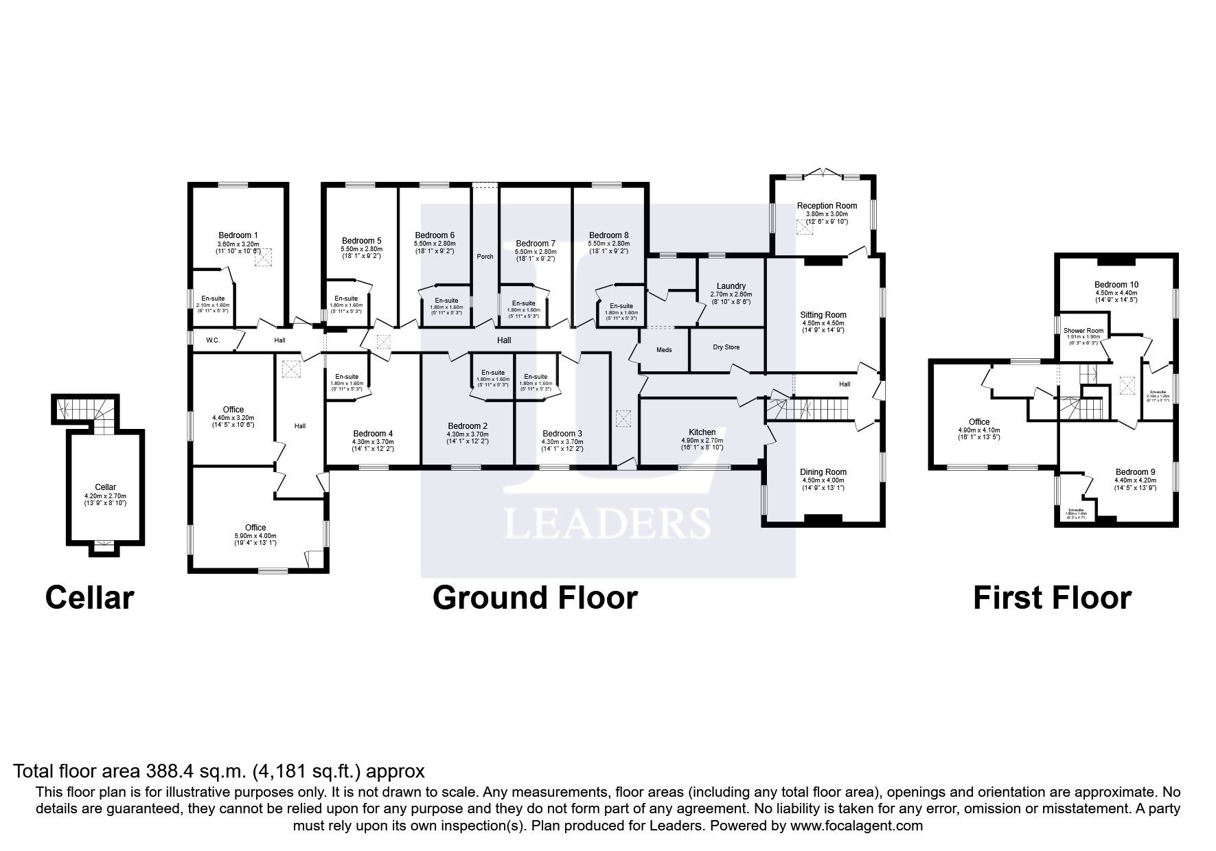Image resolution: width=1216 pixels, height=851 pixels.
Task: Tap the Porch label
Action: click(485, 257)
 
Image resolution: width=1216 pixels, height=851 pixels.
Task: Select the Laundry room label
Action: click(731, 286)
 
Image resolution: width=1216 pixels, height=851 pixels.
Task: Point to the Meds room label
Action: click(663, 350)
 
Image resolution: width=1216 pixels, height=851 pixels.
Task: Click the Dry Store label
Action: click(726, 347)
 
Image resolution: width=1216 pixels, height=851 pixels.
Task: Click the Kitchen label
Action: click(702, 432)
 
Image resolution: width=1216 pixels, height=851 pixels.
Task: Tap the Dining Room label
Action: click(823, 472)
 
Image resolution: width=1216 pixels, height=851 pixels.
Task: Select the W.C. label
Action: click(213, 340)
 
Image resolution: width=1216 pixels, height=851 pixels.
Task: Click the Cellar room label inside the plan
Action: click(105, 487)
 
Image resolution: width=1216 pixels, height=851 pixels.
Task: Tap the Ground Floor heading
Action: click(535, 598)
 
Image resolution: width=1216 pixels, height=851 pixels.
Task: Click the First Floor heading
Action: click(1051, 598)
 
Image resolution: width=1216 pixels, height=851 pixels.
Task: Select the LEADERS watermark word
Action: click(607, 524)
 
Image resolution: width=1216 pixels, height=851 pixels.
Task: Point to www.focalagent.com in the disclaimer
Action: click(856, 826)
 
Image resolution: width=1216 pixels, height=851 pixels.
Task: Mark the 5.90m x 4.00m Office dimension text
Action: click(255, 536)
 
